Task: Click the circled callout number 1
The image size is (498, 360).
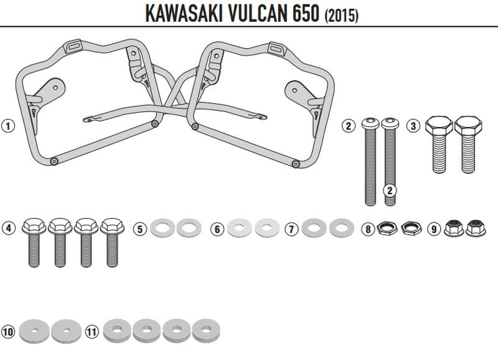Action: (7, 126)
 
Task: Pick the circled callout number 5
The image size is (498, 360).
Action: (141, 229)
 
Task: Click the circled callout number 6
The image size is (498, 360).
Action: (217, 229)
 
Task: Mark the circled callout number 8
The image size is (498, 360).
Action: (369, 229)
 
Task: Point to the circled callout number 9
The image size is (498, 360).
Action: (434, 229)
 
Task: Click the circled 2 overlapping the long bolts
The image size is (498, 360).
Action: (390, 189)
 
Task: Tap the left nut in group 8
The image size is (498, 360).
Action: (387, 229)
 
